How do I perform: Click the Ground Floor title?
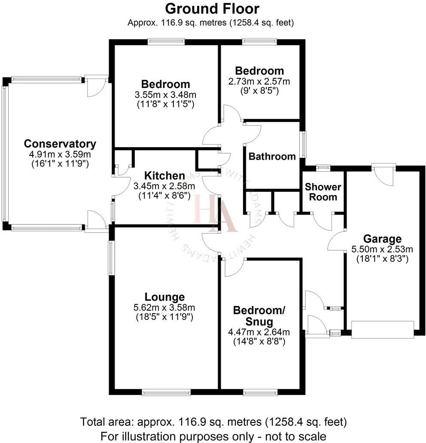coord(212,8)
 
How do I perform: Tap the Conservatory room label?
coord(60,144)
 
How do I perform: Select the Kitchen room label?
coord(164,176)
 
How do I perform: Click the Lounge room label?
coord(164,297)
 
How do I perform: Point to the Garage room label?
coord(382,239)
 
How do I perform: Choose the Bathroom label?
coord(272,156)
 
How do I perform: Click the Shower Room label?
coord(323,192)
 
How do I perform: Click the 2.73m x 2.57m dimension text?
coord(259,81)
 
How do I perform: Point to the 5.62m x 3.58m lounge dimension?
coord(164,307)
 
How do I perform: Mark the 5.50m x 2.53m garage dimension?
coord(382,249)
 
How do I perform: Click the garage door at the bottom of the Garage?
coord(382,330)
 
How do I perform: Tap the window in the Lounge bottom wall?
coord(166,391)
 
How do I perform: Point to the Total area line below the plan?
coord(213,421)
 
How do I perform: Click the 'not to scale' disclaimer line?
coord(213,435)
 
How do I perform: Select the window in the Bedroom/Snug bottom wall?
coord(260,391)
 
